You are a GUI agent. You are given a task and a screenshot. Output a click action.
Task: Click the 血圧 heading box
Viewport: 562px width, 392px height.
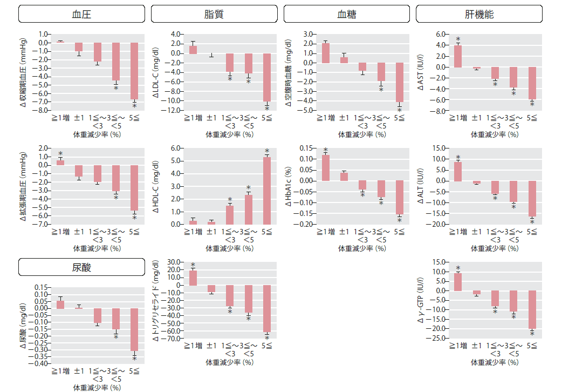81,14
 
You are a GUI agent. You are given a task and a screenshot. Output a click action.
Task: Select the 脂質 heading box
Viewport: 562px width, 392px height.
214,14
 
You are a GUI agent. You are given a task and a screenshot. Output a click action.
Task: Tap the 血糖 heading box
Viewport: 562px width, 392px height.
347,14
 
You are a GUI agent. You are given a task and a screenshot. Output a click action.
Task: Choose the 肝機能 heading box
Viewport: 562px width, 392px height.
479,14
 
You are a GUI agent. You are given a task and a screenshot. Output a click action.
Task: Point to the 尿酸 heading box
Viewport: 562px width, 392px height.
81,267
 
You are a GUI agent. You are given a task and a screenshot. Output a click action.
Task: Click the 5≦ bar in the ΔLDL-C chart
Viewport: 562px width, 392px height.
266,77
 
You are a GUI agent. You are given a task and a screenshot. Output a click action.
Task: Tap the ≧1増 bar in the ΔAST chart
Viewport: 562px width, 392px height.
458,56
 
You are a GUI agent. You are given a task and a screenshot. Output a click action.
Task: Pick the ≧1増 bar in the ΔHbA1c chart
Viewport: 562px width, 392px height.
325,168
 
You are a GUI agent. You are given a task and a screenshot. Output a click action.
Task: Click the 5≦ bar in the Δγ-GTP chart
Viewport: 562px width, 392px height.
531,310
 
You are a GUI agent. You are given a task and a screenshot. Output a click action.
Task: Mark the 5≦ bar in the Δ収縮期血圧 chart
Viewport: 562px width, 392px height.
134,71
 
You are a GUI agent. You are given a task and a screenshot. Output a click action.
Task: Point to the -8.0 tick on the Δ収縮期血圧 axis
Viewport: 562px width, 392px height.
43,110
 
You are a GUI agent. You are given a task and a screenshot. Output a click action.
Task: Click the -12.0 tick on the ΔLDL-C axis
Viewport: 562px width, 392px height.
173,110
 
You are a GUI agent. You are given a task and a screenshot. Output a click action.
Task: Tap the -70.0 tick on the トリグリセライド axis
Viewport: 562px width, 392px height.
173,339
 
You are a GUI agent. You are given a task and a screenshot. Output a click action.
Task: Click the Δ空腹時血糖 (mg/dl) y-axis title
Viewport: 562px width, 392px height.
289,72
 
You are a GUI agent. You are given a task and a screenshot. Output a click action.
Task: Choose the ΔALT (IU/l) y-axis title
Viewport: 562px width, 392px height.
420,186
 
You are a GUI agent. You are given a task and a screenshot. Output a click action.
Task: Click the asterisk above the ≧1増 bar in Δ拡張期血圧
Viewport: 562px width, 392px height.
60,154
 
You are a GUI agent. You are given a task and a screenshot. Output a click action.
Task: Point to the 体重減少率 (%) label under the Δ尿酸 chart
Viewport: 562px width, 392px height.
98,387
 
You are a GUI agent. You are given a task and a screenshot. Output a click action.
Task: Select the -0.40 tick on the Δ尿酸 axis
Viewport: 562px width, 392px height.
41,363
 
